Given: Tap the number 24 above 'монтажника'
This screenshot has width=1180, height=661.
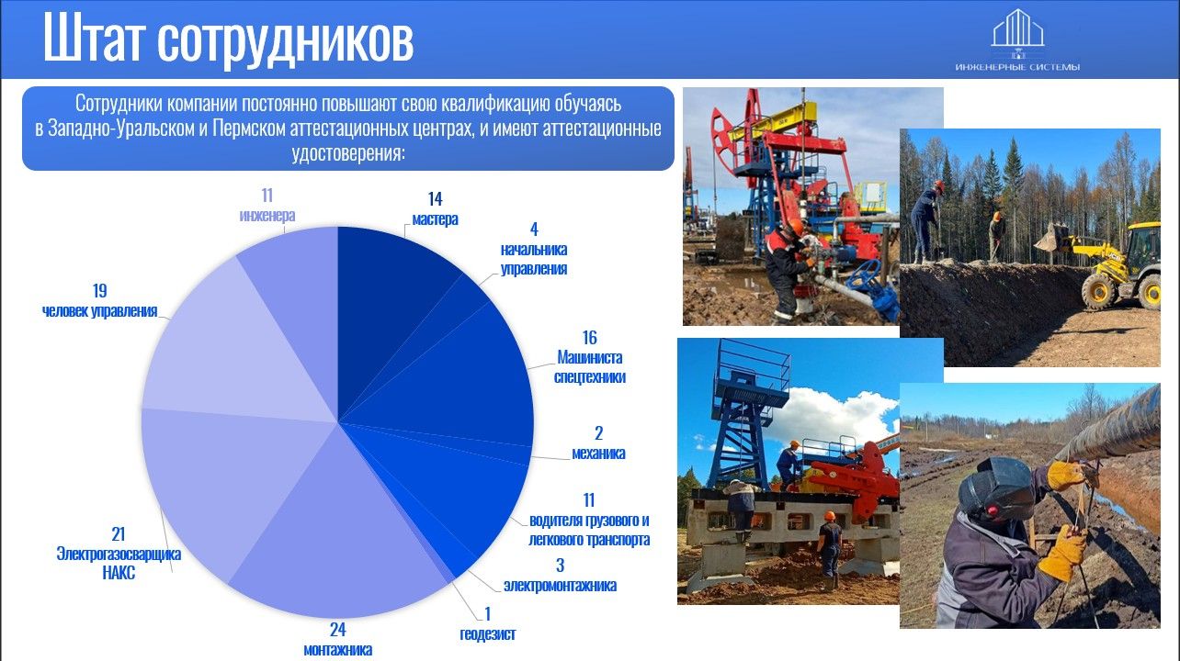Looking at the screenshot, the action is [x=337, y=630].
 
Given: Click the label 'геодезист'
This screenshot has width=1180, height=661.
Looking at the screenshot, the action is [x=488, y=634].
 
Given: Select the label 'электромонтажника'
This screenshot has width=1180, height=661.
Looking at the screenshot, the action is [x=560, y=586].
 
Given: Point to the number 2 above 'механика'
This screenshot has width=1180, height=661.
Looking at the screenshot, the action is [x=598, y=433].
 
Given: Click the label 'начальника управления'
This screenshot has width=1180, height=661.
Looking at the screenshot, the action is [x=534, y=259].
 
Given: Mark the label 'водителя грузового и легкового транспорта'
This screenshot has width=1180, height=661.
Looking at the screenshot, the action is [x=589, y=530].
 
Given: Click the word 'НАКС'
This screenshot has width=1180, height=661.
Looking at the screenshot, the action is [x=119, y=573].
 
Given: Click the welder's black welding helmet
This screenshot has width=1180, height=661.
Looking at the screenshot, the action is [x=997, y=489].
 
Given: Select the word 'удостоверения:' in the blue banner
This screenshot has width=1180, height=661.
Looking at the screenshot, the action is [x=348, y=153].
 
